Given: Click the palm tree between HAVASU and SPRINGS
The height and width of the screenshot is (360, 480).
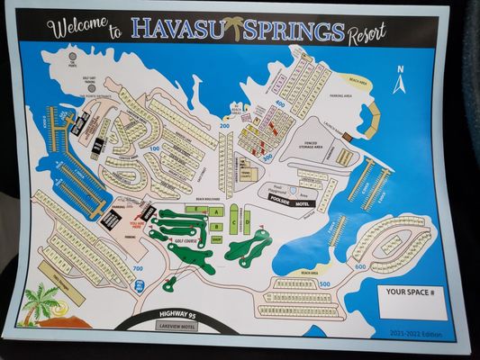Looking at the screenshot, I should (x=236, y=28).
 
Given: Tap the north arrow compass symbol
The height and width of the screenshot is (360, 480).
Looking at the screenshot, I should (x=400, y=82).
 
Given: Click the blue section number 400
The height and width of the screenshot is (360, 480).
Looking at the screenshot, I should (x=279, y=103).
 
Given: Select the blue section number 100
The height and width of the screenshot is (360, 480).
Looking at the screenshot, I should (x=155, y=148).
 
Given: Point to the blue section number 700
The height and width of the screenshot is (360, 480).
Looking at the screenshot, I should (x=138, y=268).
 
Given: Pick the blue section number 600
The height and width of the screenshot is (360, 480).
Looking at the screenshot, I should (x=360, y=266).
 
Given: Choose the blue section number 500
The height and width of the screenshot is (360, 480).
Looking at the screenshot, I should (x=324, y=284).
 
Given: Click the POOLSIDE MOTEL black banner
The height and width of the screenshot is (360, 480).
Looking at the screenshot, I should (x=289, y=202).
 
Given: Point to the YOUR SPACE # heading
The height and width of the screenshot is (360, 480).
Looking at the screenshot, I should (x=412, y=292).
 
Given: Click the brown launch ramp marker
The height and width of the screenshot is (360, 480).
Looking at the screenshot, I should (x=347, y=137).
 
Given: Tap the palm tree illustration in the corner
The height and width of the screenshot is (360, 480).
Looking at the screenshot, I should (x=40, y=302).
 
